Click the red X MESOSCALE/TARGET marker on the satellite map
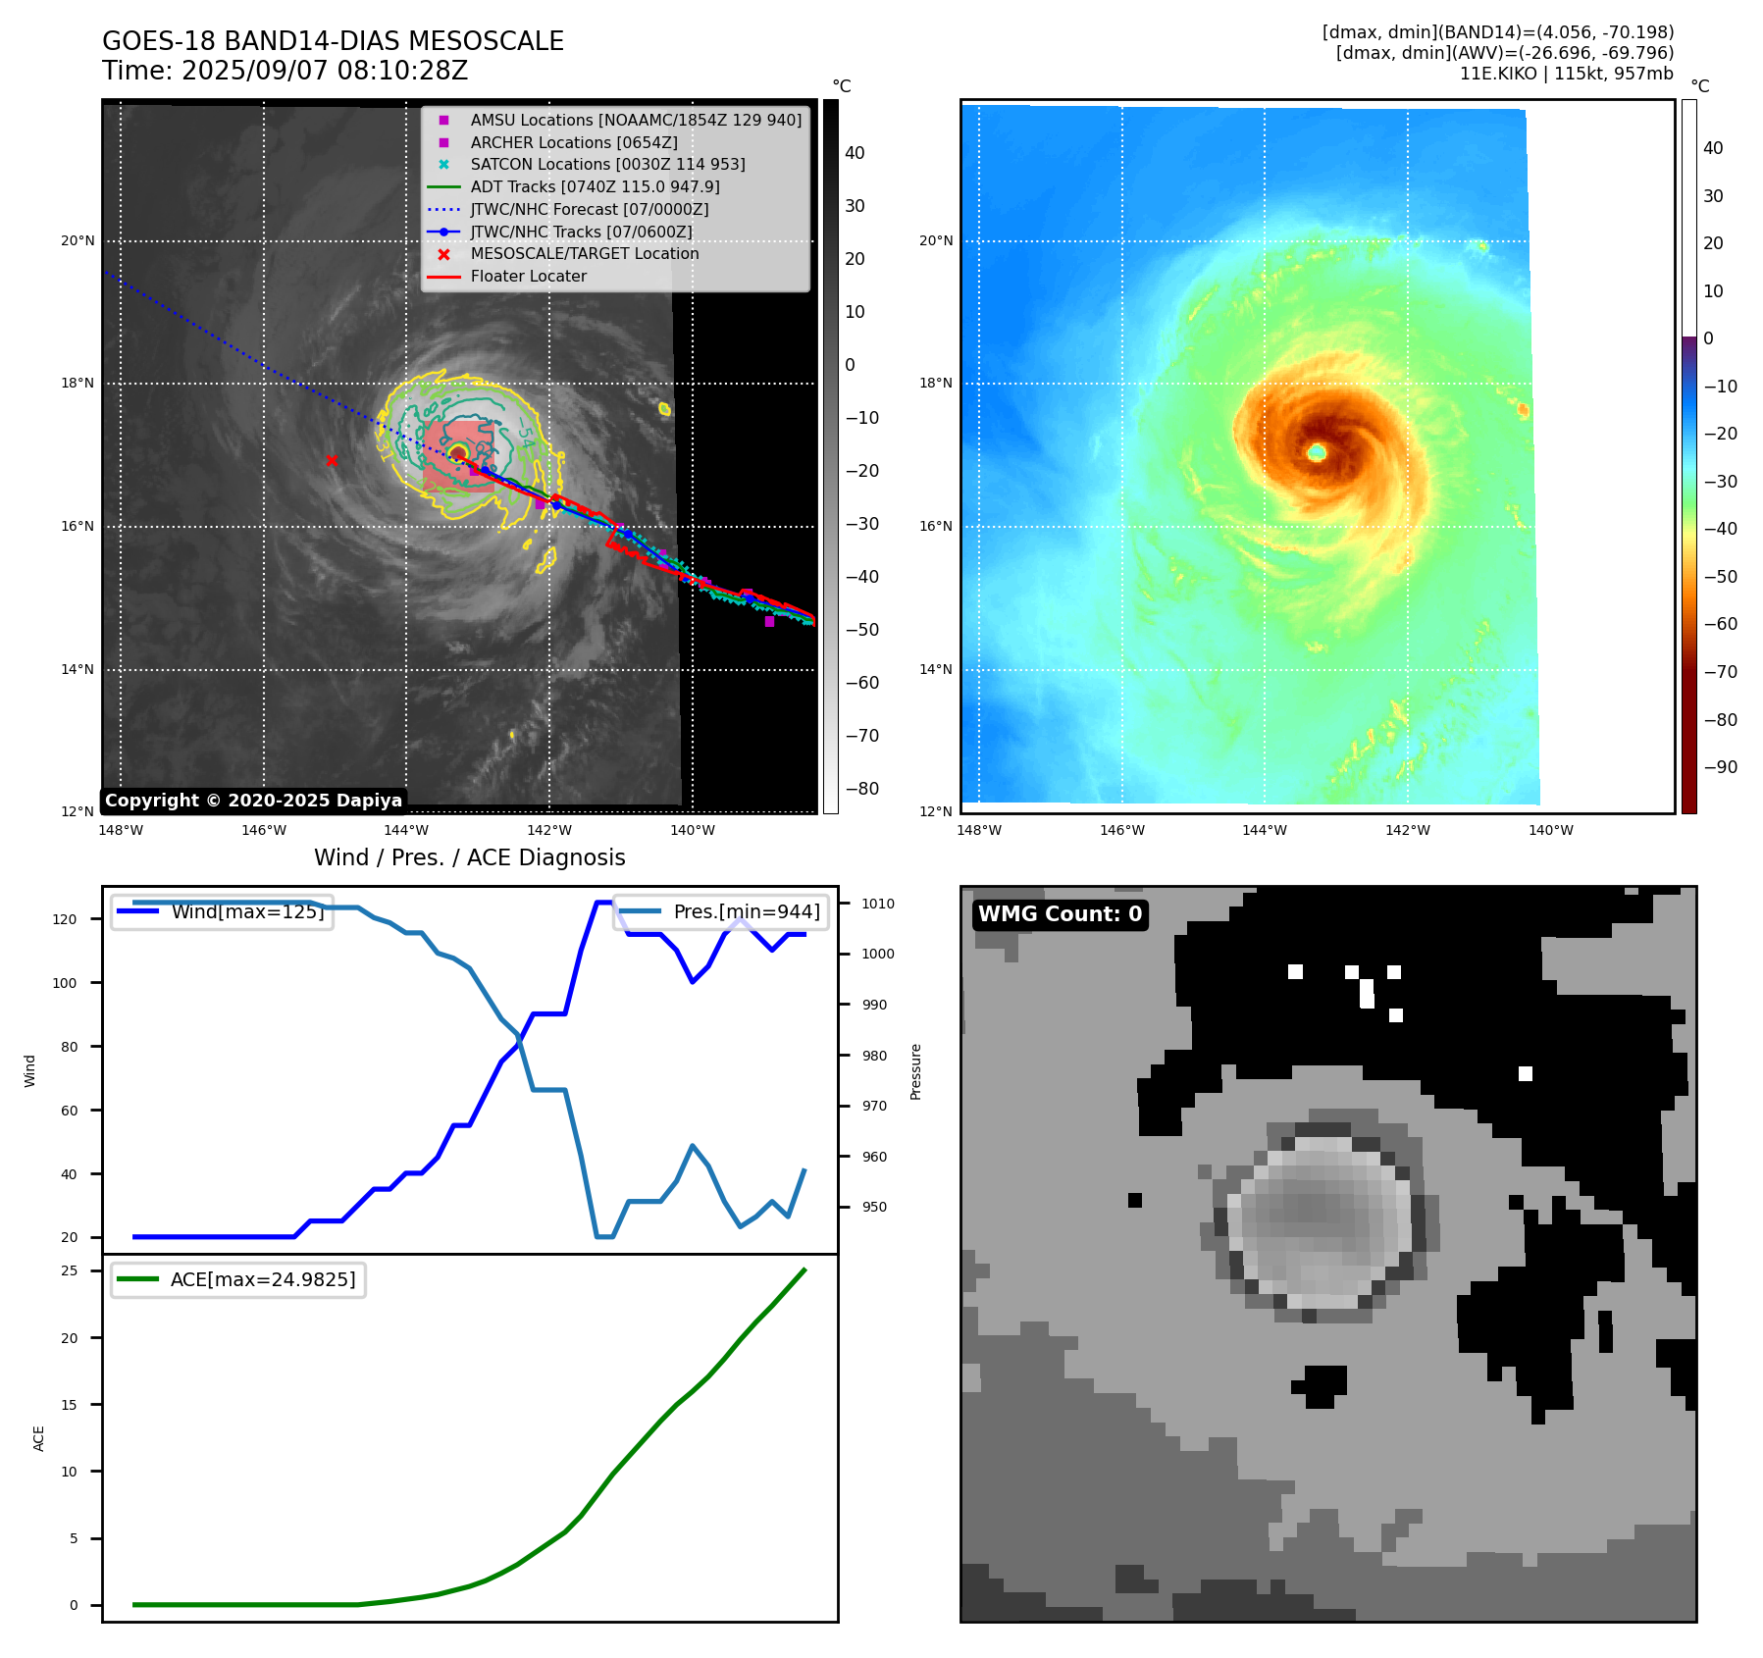[x=332, y=460]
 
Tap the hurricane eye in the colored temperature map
[x=1317, y=452]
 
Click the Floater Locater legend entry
[x=528, y=276]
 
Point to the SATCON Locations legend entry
[x=607, y=164]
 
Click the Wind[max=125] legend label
[x=246, y=911]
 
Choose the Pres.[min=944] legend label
[x=746, y=911]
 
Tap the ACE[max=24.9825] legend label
[x=262, y=1279]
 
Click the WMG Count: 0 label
[x=1060, y=914]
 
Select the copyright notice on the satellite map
[x=253, y=801]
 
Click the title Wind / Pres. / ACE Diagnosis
[x=469, y=857]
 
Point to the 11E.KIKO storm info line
[x=1566, y=74]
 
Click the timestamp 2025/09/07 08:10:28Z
[x=325, y=72]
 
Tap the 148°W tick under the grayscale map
[x=121, y=830]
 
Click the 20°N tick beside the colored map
[x=935, y=240]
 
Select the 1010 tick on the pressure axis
[x=878, y=904]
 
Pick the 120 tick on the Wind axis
[x=65, y=919]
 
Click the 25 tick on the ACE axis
[x=70, y=1270]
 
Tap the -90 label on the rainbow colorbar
[x=1720, y=767]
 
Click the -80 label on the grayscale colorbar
[x=861, y=789]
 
